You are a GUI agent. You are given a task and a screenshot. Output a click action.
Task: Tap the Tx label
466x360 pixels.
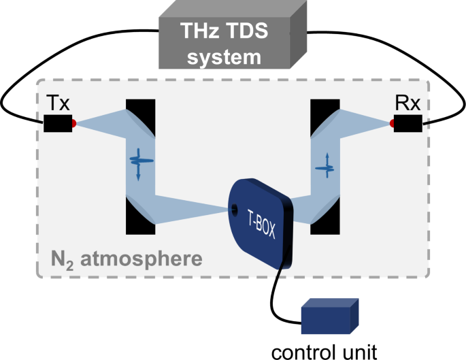pyautogui.click(x=57, y=104)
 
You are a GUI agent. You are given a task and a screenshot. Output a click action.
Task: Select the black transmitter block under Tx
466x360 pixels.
pyautogui.click(x=58, y=123)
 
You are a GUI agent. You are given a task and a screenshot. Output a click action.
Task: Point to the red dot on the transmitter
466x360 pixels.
pyautogui.click(x=73, y=123)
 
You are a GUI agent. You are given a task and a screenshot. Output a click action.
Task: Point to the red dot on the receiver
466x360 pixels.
pyautogui.click(x=393, y=123)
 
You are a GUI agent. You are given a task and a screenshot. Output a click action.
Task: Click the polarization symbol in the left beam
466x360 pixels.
pyautogui.click(x=139, y=162)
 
